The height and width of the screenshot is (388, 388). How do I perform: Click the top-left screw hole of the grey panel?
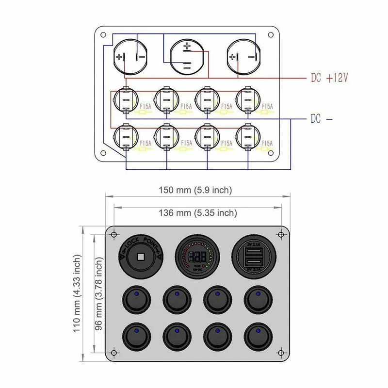point(113,235)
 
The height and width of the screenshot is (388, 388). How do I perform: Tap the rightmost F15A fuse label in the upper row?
point(267,106)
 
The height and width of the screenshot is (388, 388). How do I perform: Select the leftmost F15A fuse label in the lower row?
point(145,143)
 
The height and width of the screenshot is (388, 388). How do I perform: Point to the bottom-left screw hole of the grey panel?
point(113,352)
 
